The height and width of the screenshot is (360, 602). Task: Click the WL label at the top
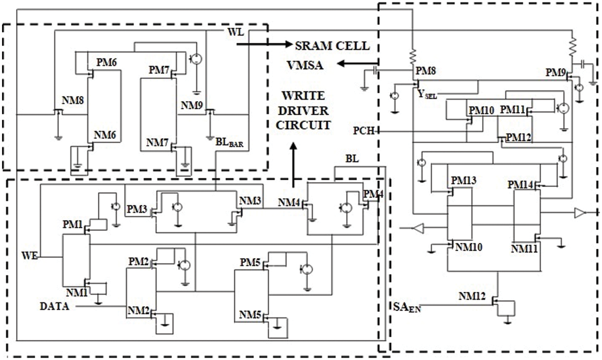tap(235, 32)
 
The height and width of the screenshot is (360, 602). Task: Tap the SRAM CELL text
tap(332, 46)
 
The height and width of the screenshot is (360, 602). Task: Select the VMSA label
tap(305, 65)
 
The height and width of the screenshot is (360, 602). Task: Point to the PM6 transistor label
tap(106, 62)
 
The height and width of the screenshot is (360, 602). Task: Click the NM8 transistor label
tap(73, 100)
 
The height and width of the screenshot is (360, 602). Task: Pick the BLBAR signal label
tap(229, 142)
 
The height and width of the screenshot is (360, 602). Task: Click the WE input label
tap(30, 256)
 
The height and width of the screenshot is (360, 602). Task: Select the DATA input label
tap(54, 307)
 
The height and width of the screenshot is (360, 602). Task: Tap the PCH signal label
tap(364, 131)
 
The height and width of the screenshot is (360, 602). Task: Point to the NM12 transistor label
tap(472, 297)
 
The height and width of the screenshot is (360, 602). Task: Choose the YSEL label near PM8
tap(427, 95)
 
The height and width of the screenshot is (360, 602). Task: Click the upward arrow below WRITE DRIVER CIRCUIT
tap(294, 165)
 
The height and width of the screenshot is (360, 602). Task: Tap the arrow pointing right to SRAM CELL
tap(264, 44)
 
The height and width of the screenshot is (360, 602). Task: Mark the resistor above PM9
tap(573, 47)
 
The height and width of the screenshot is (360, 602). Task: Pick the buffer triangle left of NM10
tap(418, 229)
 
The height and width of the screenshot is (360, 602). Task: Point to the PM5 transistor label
tap(250, 262)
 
